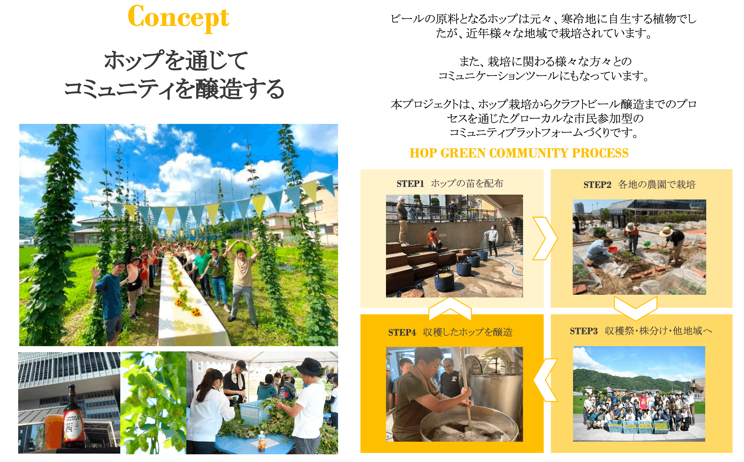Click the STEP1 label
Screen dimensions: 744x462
tap(410, 184)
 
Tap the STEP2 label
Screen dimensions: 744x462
tap(597, 185)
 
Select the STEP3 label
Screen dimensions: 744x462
tap(584, 331)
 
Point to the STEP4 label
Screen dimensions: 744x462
tap(402, 332)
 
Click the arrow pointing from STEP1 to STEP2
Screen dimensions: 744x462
tap(545, 238)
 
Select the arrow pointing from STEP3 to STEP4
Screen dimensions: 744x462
tap(545, 380)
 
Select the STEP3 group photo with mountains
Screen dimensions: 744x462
tap(639, 394)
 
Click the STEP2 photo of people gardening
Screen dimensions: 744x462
tap(639, 247)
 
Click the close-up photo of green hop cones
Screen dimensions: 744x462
tap(153, 403)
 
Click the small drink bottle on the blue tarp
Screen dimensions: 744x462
tap(261, 441)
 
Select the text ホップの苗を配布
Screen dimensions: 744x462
tap(467, 184)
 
